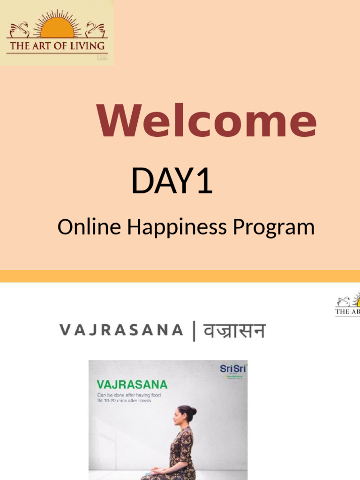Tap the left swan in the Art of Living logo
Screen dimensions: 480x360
coord(20,30)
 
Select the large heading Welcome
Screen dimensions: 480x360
coord(206,121)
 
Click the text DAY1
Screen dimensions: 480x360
coord(172,181)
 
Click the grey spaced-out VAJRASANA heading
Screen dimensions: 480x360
coord(121,330)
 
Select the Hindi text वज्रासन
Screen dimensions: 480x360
coord(234,330)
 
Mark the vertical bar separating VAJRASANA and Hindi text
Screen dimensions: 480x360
coord(193,330)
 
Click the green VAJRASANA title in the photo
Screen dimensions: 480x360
coord(132,384)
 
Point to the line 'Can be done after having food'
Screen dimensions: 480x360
coord(128,395)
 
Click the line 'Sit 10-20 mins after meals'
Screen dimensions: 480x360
coord(124,401)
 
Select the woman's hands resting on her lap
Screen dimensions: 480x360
coord(159,470)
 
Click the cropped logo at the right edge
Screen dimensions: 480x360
coord(348,305)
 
